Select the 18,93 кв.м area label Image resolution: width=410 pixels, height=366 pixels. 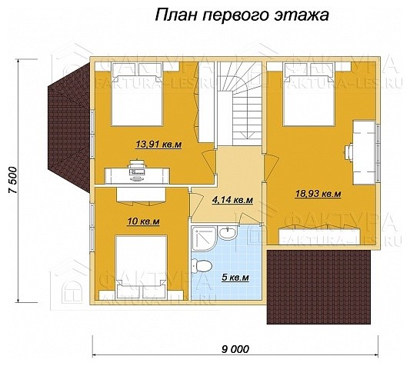pos(318,194)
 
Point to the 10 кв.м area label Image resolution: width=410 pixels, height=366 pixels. pos(142,222)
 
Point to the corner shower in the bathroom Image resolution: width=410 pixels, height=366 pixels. pos(204,239)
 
